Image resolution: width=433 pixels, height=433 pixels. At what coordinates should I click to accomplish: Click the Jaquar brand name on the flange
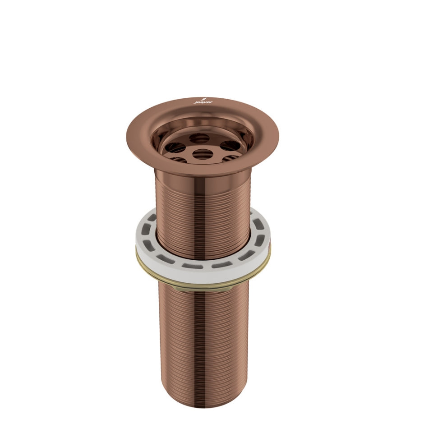coord(201,102)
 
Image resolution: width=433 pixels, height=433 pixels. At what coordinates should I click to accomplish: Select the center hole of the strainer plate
coord(203,153)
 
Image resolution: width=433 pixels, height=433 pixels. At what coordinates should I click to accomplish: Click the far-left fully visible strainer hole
coord(175,147)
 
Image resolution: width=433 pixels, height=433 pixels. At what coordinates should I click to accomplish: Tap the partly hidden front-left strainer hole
coord(179,159)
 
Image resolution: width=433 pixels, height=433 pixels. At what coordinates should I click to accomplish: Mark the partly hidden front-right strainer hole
coord(232,158)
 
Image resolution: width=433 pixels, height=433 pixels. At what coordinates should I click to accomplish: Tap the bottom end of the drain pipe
coord(203,404)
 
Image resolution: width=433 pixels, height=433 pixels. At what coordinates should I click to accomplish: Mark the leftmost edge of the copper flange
coord(128,133)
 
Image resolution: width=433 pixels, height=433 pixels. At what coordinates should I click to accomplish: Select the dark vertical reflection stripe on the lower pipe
coord(204,343)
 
